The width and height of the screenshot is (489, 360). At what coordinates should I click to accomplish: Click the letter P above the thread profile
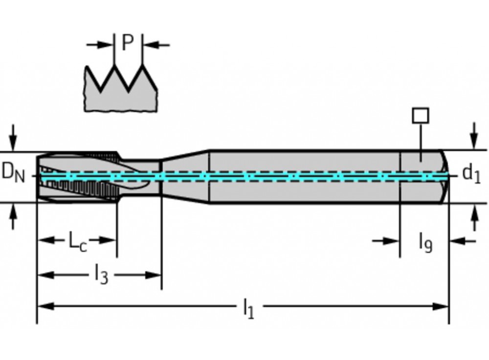coord(128,43)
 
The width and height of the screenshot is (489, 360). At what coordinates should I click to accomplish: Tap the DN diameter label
coord(13,172)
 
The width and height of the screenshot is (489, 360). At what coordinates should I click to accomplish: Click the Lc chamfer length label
coord(77,241)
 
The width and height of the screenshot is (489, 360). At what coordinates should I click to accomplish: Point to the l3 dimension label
coord(100,275)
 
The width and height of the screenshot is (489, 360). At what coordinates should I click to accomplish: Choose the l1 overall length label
coord(248,309)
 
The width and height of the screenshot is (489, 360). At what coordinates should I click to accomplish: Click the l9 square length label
coord(425,242)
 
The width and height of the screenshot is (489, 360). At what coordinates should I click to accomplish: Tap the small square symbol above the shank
coord(421,116)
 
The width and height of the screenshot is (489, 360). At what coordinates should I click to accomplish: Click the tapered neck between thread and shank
coord(186,176)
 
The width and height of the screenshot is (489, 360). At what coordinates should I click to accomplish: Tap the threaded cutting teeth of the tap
coord(78,186)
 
